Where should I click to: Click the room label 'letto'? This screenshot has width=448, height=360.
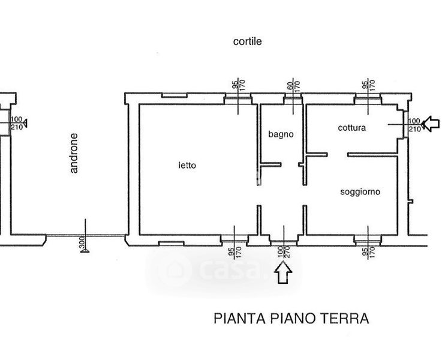click(x=187, y=165)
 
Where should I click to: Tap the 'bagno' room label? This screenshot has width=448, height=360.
click(x=281, y=134)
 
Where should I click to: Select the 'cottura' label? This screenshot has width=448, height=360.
click(x=351, y=127)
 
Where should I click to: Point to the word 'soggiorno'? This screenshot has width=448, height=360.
click(x=360, y=192)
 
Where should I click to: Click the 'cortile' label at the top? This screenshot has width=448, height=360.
click(x=248, y=41)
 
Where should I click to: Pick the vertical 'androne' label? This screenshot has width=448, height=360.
click(x=74, y=161)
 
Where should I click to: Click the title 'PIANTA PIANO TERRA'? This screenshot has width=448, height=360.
click(x=291, y=319)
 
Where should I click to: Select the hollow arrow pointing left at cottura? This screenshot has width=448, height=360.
click(x=431, y=124)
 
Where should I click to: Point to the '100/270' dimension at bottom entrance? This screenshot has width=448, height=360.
click(x=283, y=250)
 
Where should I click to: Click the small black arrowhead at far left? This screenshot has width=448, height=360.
click(x=23, y=124)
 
